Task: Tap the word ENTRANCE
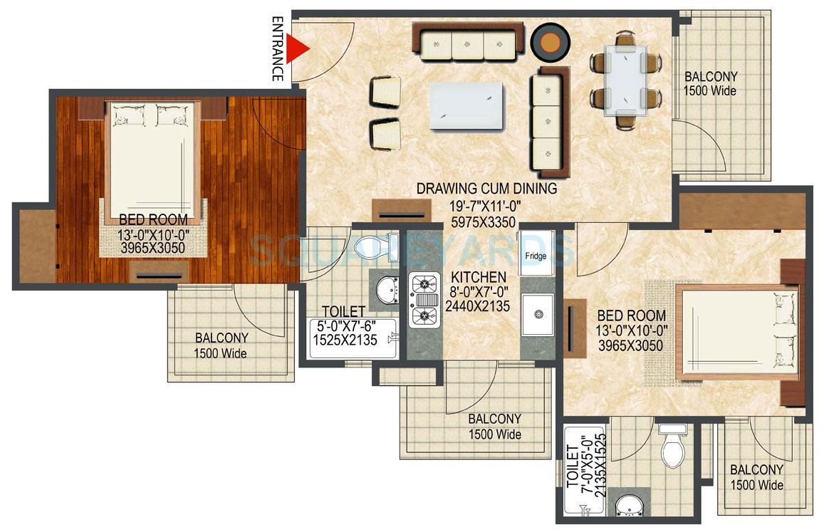pos(279,49)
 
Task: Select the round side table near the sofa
pos(550,42)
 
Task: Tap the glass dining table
pos(626,80)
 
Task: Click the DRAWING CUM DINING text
pos(487,189)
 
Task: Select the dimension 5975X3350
pos(487,221)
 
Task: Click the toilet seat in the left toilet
pos(373,246)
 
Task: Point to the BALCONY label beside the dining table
pos(710,77)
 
